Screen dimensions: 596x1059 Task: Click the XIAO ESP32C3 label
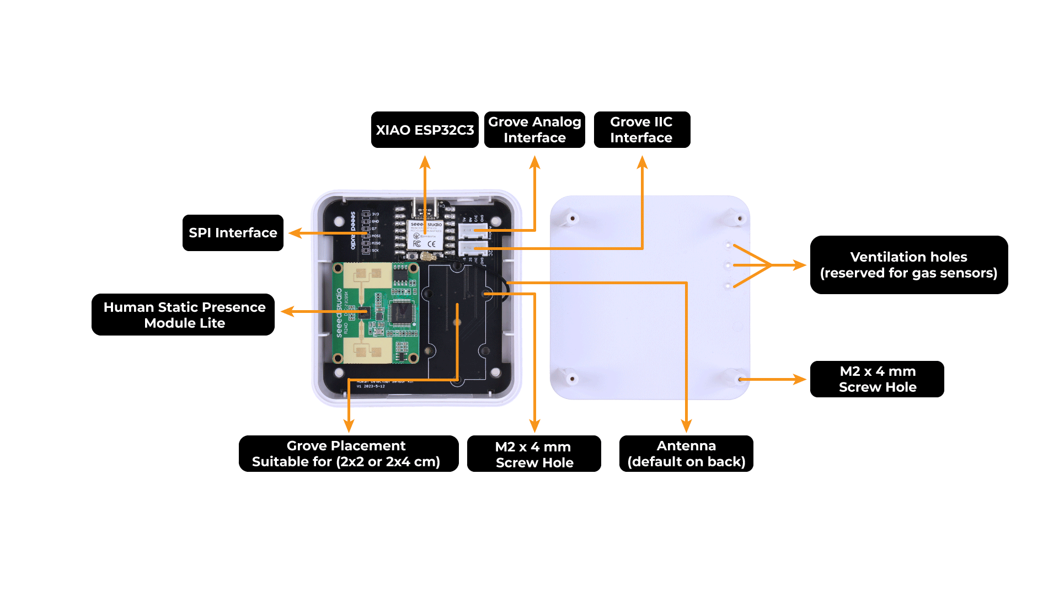pyautogui.click(x=425, y=130)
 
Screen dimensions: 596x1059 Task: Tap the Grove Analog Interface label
pyautogui.click(x=534, y=130)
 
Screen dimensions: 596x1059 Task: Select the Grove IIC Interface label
pyautogui.click(x=641, y=130)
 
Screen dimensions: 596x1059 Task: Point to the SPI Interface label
pyautogui.click(x=233, y=233)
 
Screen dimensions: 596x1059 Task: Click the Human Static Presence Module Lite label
pyautogui.click(x=184, y=315)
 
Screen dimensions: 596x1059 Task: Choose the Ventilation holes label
pyautogui.click(x=908, y=265)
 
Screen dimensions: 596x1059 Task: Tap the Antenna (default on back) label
pyautogui.click(x=686, y=454)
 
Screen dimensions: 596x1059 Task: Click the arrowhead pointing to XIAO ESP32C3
pyautogui.click(x=425, y=161)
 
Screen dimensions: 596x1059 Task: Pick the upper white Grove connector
pyautogui.click(x=473, y=230)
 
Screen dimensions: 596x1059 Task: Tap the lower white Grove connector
pyautogui.click(x=473, y=248)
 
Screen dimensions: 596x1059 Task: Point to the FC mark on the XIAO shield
pyautogui.click(x=417, y=243)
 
